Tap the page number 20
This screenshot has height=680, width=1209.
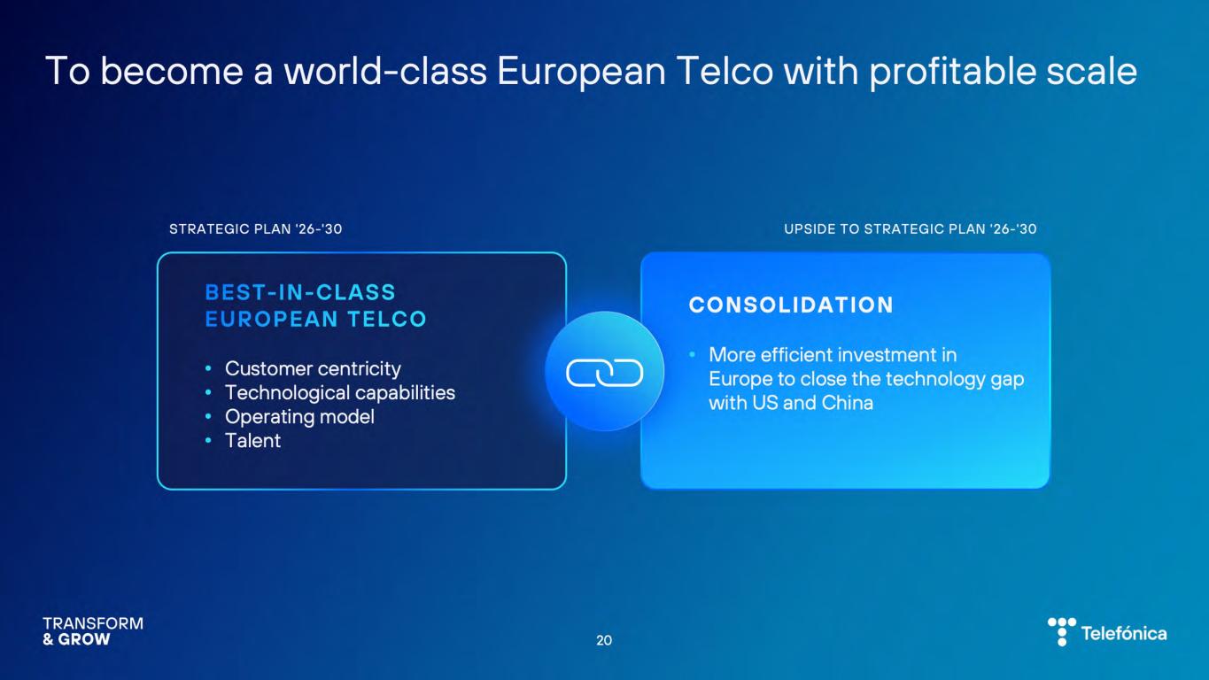(604, 640)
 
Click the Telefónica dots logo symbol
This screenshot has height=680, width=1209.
(1062, 631)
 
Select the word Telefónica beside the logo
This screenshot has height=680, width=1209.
(1124, 633)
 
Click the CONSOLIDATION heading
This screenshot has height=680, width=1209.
(791, 305)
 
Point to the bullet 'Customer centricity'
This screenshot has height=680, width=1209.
(313, 368)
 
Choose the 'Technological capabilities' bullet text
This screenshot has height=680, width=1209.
(340, 393)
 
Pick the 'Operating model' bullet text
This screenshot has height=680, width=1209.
(299, 417)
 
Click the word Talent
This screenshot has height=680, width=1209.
(252, 441)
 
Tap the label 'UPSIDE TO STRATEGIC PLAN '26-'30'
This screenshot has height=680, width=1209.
(910, 228)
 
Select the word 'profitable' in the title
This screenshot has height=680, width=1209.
(953, 72)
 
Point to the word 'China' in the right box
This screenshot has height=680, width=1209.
(847, 403)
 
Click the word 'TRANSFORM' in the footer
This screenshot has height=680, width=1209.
(93, 623)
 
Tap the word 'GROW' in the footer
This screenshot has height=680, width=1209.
(83, 639)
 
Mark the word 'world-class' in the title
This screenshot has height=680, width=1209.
(385, 71)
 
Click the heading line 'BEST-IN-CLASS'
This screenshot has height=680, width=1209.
(300, 292)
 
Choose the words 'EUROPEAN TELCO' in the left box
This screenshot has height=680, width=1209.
(315, 319)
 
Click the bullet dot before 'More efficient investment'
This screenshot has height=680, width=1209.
(693, 354)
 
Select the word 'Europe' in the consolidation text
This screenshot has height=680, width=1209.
(740, 379)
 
